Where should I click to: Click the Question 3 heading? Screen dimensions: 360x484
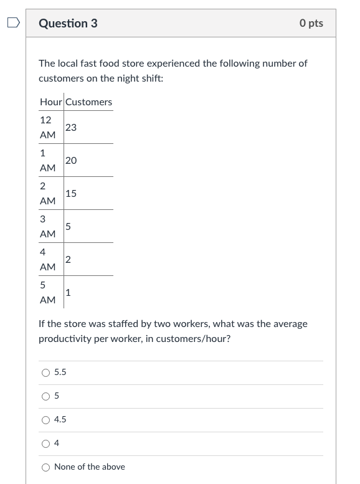click(68, 24)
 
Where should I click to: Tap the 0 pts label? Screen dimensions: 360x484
click(311, 24)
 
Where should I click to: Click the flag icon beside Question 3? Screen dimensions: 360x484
click(12, 24)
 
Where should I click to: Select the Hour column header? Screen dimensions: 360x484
click(50, 102)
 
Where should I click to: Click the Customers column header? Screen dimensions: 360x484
click(88, 102)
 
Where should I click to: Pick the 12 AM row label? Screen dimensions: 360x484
click(47, 127)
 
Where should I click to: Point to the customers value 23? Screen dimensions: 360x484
click(71, 127)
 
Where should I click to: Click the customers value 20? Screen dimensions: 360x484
click(71, 160)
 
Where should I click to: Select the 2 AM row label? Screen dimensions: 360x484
click(47, 193)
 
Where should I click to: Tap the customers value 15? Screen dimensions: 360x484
click(71, 193)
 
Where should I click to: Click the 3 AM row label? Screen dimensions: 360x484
click(47, 226)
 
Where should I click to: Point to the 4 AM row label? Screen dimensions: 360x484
click(47, 259)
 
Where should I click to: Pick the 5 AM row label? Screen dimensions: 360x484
click(47, 292)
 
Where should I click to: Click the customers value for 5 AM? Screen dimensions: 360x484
click(68, 292)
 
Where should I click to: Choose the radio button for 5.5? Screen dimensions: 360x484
click(45, 372)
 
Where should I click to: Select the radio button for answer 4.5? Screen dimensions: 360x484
click(45, 420)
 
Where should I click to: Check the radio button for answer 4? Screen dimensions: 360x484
click(45, 444)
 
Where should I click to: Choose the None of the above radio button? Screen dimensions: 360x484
click(45, 467)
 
